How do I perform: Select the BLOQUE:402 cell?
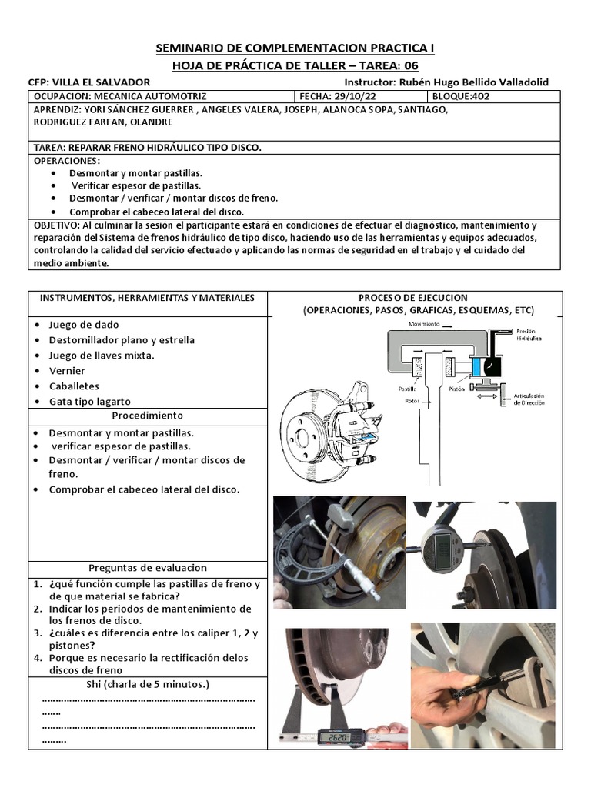460,96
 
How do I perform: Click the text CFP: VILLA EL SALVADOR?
88,82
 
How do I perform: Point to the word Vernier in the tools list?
67,370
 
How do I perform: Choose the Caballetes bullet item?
74,386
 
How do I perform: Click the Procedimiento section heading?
147,416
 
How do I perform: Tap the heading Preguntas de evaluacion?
147,567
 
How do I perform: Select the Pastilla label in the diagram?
406,389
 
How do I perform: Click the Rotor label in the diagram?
412,400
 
